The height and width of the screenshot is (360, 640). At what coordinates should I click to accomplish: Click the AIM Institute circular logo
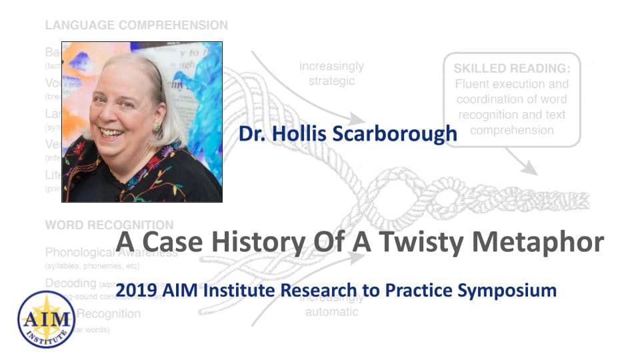(x=47, y=319)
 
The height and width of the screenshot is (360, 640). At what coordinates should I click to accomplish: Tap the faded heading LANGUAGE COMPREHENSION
(x=136, y=25)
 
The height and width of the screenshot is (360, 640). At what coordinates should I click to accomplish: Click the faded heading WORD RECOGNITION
(x=109, y=225)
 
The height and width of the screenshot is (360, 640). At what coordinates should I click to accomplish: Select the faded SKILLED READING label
(x=512, y=68)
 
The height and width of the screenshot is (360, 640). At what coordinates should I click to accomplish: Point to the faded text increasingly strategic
(x=331, y=73)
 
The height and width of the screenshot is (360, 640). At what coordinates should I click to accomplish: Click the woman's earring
(x=157, y=127)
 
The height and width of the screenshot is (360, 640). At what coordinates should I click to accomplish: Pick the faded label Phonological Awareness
(x=111, y=253)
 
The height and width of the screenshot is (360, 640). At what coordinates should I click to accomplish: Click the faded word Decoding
(x=71, y=283)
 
